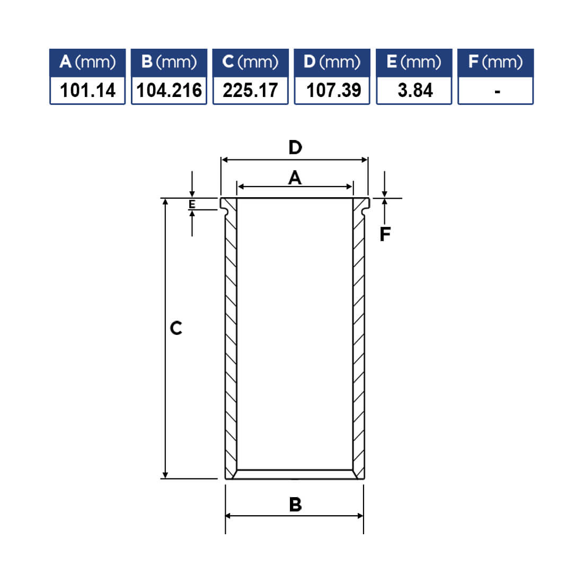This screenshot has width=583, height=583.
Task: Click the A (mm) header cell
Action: pos(87,63)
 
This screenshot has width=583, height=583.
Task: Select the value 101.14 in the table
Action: pos(88,90)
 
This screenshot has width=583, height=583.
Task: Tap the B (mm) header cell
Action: pos(169,63)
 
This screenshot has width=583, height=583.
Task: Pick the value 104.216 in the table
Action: pos(169,90)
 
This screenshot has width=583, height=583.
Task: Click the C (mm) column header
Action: pos(250,63)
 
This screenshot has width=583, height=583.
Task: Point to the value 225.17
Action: pos(250,90)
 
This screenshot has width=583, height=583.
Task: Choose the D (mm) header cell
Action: pos(332,63)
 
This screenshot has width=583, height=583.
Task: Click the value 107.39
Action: pos(333,90)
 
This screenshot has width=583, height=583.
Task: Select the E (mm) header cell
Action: pos(414,63)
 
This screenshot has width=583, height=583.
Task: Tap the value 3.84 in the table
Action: pos(416,90)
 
